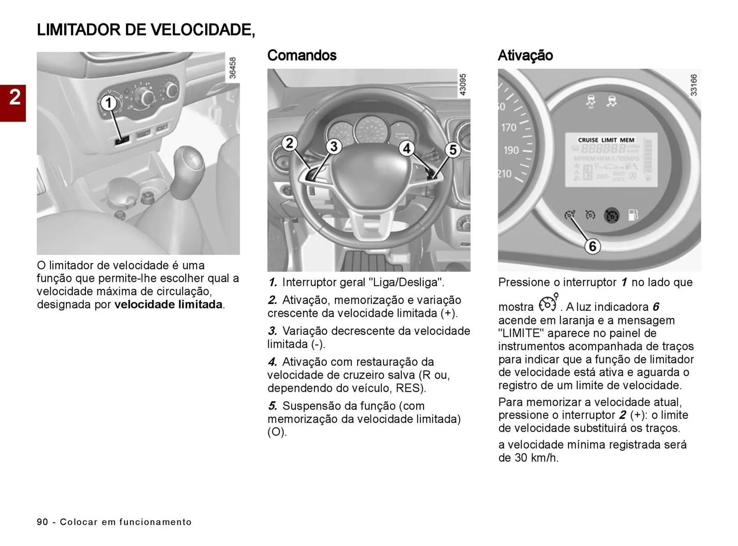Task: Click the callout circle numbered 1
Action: [109, 103]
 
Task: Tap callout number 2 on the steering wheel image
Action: [289, 143]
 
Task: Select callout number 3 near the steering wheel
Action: [334, 146]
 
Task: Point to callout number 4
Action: [406, 148]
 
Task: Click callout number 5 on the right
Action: [453, 150]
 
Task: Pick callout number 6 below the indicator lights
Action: [592, 246]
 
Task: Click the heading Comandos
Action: [302, 55]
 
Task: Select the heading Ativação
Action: [525, 55]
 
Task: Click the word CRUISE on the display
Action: [588, 140]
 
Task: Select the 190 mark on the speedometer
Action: [511, 150]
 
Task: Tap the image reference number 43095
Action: [463, 85]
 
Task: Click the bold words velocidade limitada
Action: [168, 304]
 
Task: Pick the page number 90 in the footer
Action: [42, 522]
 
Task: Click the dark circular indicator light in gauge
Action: [612, 216]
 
